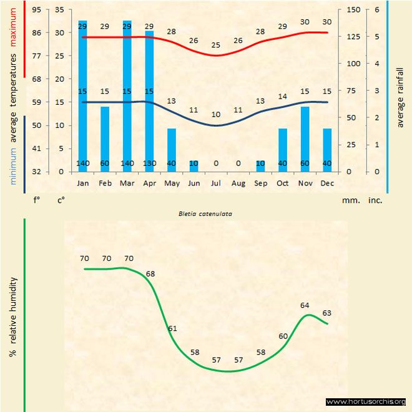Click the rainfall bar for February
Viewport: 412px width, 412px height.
pos(105,139)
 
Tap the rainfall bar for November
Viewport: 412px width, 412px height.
pos(305,139)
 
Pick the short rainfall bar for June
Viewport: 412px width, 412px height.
pos(194,165)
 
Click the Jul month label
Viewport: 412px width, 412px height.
pos(216,184)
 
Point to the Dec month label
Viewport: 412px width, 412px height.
pos(326,184)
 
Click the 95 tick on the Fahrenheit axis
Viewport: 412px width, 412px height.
pos(36,9)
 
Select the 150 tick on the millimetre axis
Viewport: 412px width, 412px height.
pos(353,9)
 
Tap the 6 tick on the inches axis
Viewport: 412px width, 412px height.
pos(376,9)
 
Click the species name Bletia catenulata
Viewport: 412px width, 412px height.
pos(206,213)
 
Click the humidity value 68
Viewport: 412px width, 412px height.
pos(150,273)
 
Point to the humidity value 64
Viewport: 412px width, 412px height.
pos(305,305)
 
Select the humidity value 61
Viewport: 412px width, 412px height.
pos(173,328)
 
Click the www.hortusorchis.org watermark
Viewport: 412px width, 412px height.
pos(366,401)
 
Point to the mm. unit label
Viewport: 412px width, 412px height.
pos(349,201)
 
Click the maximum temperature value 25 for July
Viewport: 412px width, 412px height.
pos(216,45)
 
